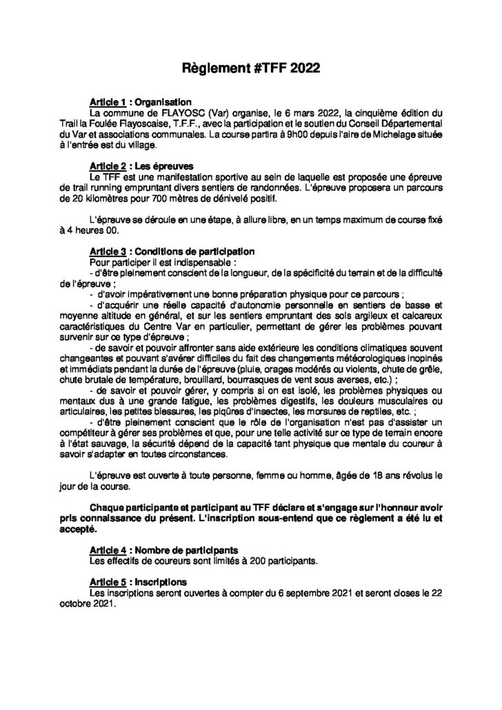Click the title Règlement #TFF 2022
coord(250,70)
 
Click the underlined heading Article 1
coord(106,101)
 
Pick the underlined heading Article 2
coord(106,167)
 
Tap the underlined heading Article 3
coord(106,252)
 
